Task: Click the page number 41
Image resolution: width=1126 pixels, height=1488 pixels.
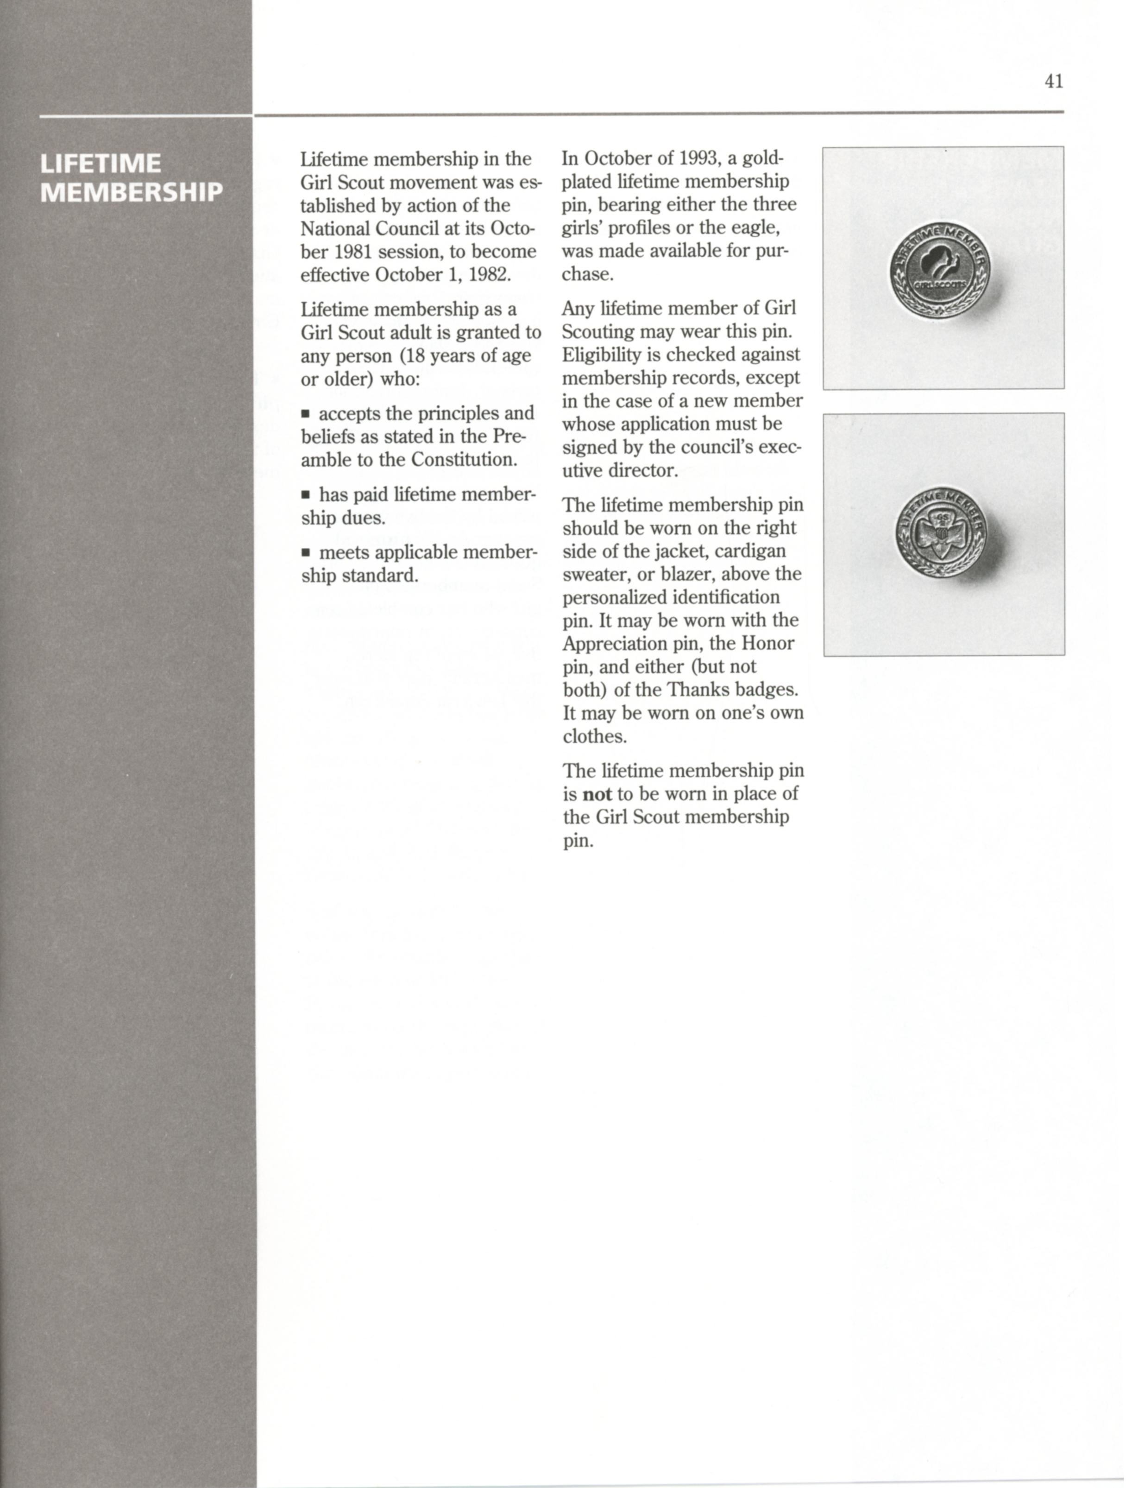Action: [1053, 82]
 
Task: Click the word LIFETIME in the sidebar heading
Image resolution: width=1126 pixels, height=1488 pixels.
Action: [100, 164]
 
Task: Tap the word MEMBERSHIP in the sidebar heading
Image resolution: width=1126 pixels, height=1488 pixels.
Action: [131, 192]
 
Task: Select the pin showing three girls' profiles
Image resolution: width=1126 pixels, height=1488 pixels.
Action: [940, 269]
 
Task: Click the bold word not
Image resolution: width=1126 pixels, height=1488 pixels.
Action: [597, 794]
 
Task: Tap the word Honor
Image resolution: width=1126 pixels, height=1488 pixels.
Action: [767, 644]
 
